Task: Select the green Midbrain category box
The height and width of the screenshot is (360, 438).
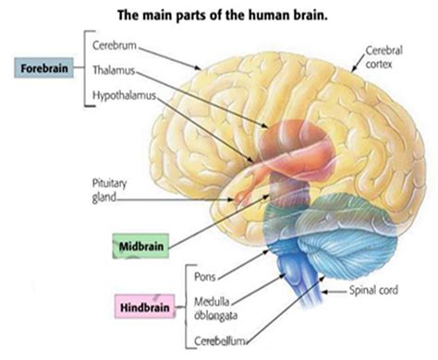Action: (140, 247)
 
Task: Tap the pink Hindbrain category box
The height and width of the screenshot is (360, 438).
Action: (144, 306)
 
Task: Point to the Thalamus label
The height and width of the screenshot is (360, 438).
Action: (116, 69)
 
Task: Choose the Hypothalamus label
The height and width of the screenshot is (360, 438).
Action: (126, 95)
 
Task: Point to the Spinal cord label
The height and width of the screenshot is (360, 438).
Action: (375, 289)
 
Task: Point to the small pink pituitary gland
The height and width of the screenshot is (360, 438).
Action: (242, 196)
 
